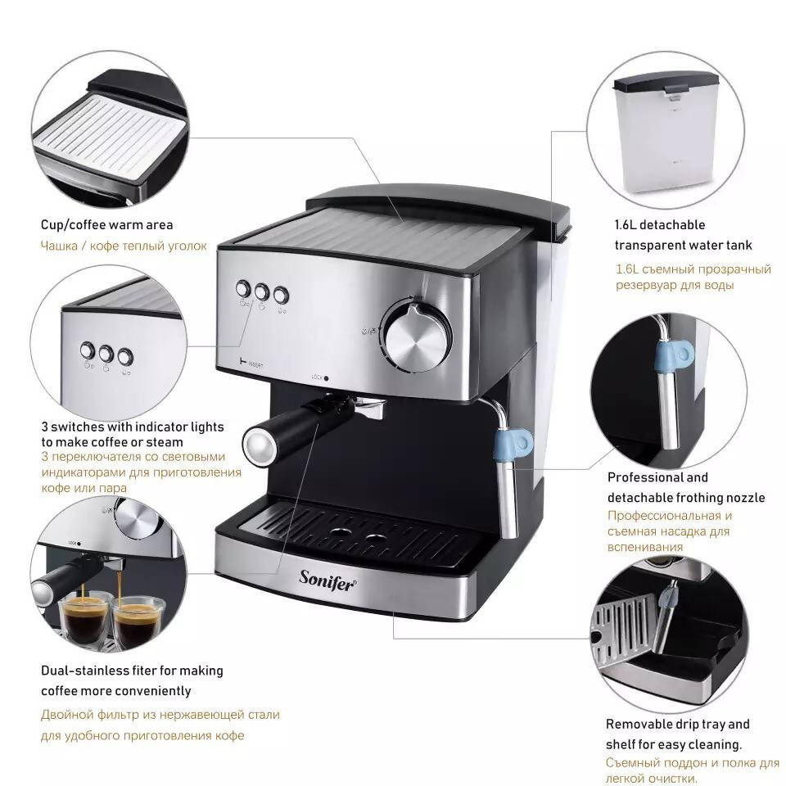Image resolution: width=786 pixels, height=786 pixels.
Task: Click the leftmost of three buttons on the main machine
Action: (243, 288)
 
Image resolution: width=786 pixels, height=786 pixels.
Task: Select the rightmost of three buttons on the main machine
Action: (281, 293)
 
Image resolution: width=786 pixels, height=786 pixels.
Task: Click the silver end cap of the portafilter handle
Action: (255, 442)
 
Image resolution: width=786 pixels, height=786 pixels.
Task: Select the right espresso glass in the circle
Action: (138, 622)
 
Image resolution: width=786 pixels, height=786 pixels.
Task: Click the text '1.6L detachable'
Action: (659, 224)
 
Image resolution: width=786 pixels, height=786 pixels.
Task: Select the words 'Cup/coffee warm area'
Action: (107, 224)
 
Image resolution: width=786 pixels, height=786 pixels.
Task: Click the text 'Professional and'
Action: (657, 477)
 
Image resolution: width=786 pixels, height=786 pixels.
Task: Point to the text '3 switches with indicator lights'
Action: (133, 427)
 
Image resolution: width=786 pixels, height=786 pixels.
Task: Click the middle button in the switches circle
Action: (106, 354)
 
